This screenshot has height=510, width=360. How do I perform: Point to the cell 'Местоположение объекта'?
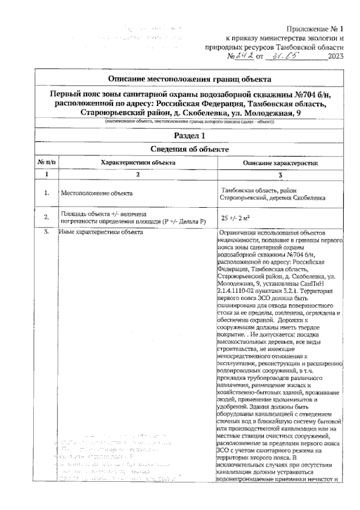(97, 194)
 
